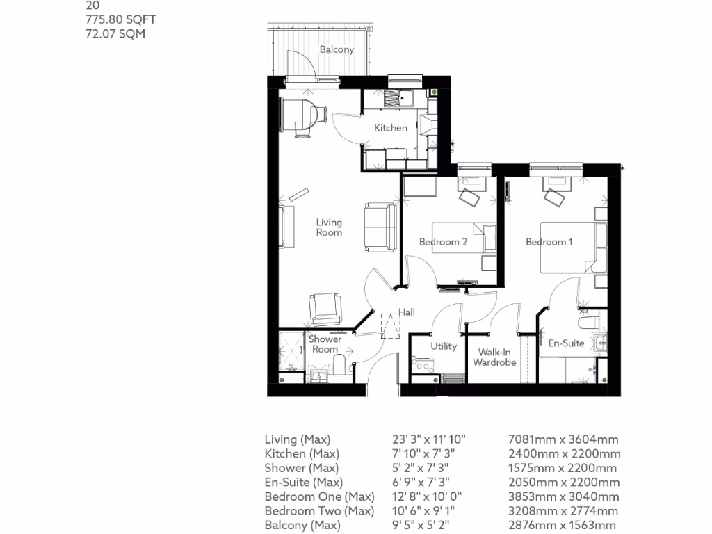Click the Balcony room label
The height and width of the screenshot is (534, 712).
337,49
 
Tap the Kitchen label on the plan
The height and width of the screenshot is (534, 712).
391,128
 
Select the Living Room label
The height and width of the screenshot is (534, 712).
329,227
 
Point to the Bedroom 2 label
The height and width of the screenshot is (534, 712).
443,242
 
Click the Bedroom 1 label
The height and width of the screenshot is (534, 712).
549,242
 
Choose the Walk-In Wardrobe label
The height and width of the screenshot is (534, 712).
494,357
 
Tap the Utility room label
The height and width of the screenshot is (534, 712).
443,346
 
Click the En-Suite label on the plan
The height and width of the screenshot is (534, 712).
566,343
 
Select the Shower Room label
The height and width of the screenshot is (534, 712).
325,344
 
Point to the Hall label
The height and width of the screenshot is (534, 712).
407,312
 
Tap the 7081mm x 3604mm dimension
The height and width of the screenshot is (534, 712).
564,439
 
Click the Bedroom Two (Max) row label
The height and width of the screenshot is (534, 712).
319,511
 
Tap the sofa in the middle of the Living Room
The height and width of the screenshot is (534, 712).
379,227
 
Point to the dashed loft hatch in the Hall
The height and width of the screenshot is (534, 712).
391,325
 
